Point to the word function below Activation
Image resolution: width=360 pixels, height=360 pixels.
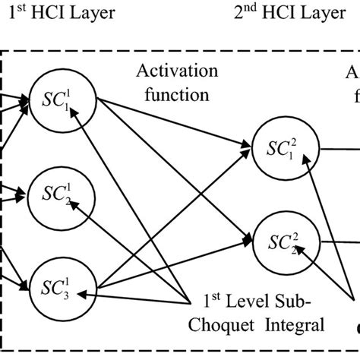[x=173, y=96]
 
